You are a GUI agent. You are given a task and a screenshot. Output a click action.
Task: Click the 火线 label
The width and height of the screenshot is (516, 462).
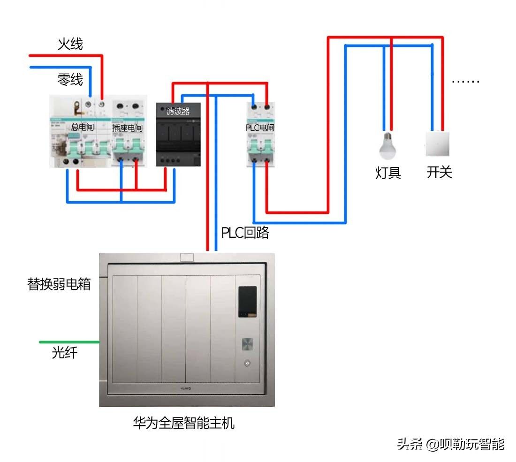[x=70, y=45]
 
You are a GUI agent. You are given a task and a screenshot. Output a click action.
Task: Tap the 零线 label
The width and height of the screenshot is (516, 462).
[x=70, y=80]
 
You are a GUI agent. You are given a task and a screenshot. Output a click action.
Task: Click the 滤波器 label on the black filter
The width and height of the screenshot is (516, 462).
[x=178, y=112]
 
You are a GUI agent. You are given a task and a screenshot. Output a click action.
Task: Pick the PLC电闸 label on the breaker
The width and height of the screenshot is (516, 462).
[x=260, y=128]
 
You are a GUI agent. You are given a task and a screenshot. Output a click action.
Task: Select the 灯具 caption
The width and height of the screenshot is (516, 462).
[x=388, y=173]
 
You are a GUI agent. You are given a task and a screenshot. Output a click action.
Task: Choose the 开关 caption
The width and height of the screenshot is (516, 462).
[x=439, y=172]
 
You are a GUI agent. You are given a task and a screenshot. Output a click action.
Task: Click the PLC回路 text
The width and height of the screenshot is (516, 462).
[x=245, y=233]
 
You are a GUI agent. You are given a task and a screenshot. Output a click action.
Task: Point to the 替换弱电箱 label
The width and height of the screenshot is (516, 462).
[x=59, y=284]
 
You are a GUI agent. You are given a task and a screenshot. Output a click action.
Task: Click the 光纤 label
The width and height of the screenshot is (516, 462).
[x=65, y=353]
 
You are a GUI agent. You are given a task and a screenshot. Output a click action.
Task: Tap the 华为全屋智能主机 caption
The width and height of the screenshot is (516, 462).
[x=183, y=424]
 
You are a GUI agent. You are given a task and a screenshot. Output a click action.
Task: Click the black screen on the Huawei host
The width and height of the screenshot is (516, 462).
[x=247, y=301]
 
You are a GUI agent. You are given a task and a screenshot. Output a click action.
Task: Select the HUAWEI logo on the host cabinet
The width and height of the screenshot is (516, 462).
[x=186, y=388]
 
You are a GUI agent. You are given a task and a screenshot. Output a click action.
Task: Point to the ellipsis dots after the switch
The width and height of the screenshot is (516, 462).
[x=465, y=82]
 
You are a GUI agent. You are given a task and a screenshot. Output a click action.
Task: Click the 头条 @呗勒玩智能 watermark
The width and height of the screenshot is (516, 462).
[x=450, y=444]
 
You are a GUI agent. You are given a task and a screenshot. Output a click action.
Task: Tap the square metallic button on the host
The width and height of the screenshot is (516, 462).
[x=247, y=344]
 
